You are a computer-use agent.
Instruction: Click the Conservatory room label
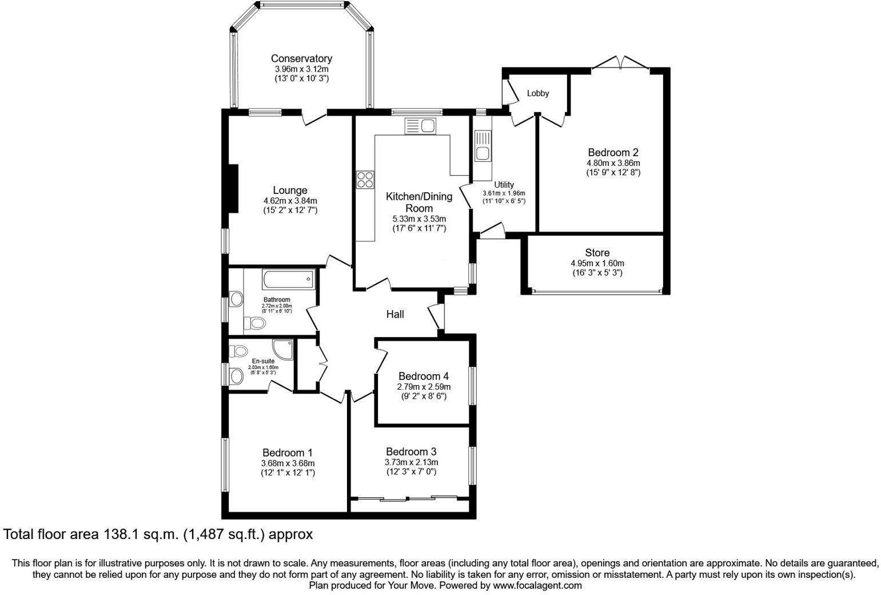pos(301,58)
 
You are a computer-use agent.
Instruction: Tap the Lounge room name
pos(290,191)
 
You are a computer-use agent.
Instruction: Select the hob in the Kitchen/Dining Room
pos(365,180)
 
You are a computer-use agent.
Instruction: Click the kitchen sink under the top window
pos(420,126)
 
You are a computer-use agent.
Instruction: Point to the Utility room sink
pos(483,146)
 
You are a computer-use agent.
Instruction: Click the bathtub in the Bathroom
pos(288,280)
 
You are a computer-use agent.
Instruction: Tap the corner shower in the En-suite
pos(284,349)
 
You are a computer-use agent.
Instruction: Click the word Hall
pos(395,314)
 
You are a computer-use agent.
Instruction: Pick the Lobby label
pos(537,93)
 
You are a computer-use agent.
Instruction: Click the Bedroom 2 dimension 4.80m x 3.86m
pos(613,163)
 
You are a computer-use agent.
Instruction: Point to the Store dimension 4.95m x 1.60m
pos(597,263)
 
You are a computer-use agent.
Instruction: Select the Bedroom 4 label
pos(423,376)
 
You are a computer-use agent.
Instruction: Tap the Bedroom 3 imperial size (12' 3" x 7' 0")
pos(411,472)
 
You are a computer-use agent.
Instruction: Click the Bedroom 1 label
pos(288,453)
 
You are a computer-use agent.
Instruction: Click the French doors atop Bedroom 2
pos(620,63)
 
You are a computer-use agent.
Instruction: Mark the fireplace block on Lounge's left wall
pos(233,189)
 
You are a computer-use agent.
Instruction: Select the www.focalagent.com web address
pos(537,585)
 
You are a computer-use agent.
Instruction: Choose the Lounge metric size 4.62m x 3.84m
pos(290,201)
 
